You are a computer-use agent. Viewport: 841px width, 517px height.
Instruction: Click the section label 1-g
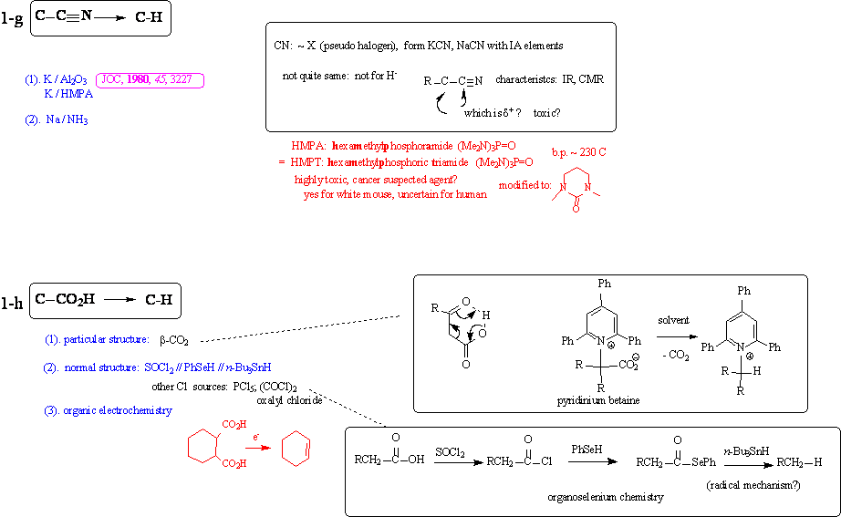13,19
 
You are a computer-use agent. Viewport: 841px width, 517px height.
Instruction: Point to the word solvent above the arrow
674,320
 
